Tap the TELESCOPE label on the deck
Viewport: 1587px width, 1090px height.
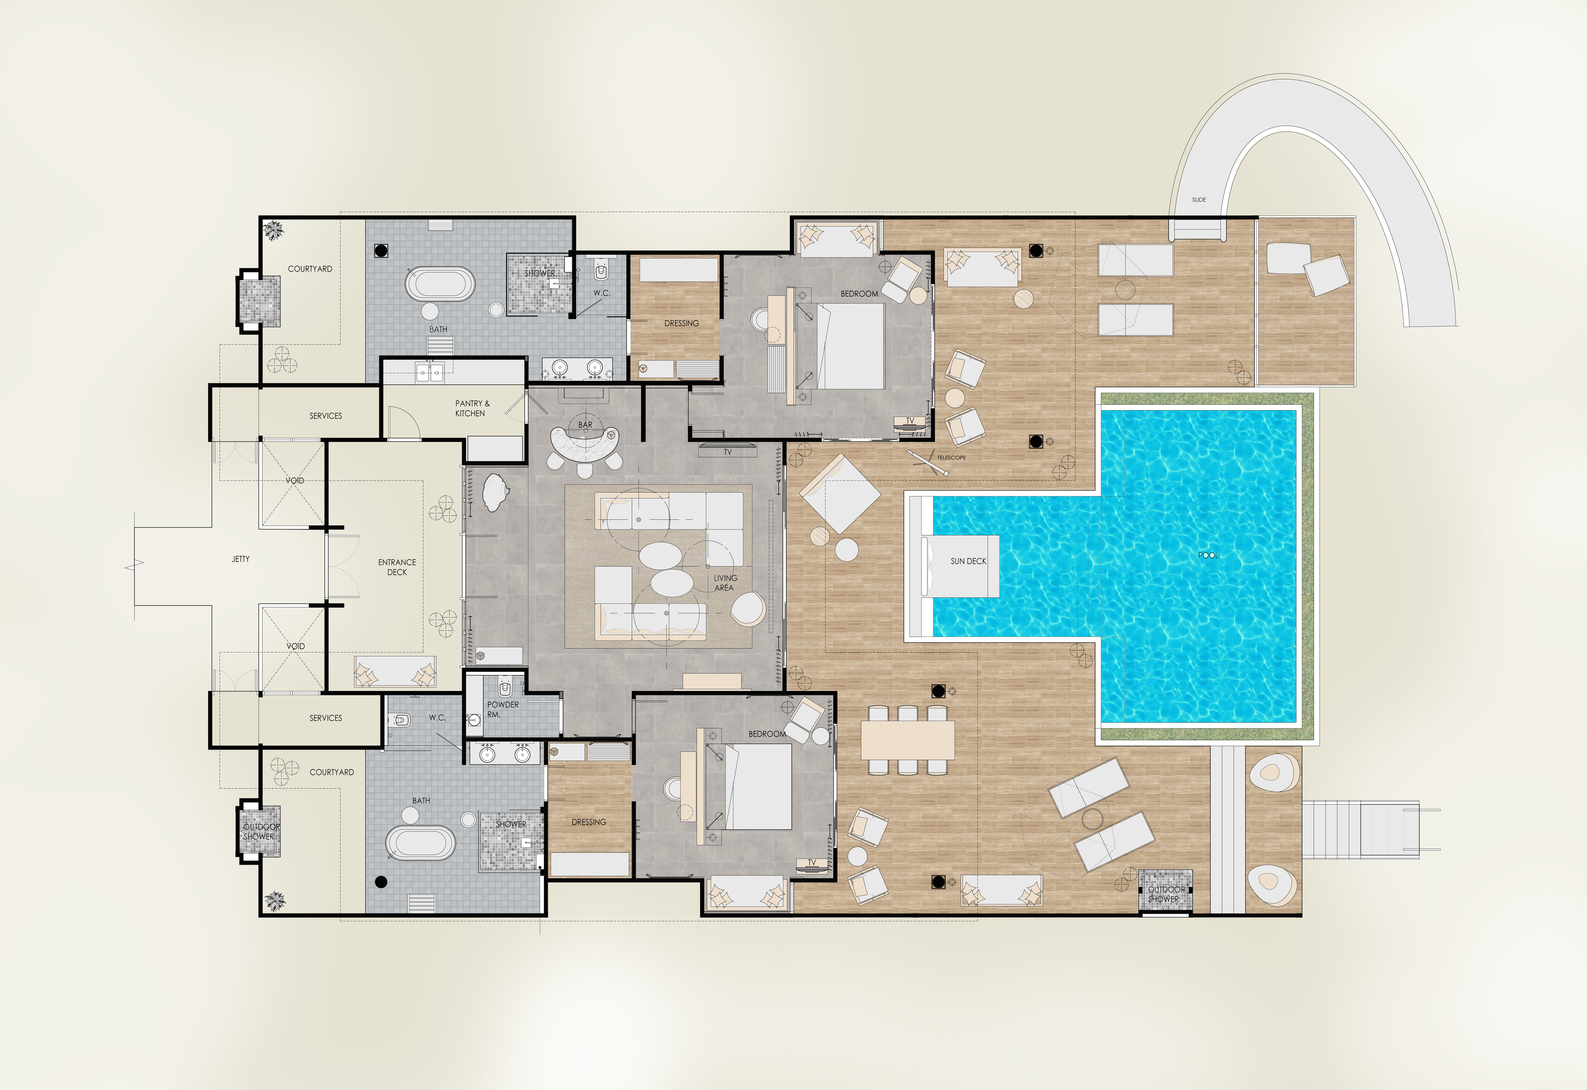coord(951,458)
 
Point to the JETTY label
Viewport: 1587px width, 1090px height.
coord(241,559)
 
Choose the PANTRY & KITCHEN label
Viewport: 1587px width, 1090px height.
coord(472,409)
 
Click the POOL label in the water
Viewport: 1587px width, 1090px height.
coord(1208,555)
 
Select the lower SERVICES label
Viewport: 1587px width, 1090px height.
coord(325,718)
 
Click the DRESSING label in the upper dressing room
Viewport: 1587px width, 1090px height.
coord(681,323)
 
